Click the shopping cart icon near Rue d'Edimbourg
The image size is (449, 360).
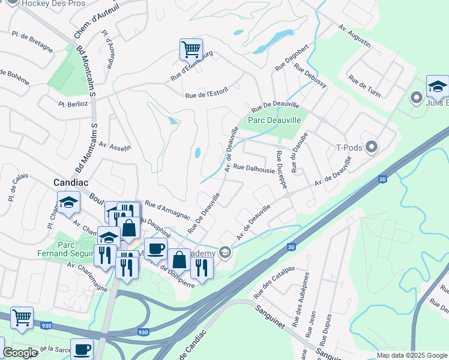pyautogui.click(x=191, y=49)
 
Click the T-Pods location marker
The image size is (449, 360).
pyautogui.click(x=372, y=146)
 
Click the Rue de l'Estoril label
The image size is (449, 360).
pyautogui.click(x=207, y=94)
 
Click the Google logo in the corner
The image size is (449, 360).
pyautogui.click(x=20, y=353)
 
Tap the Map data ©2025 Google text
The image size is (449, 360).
pyautogui.click(x=412, y=355)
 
